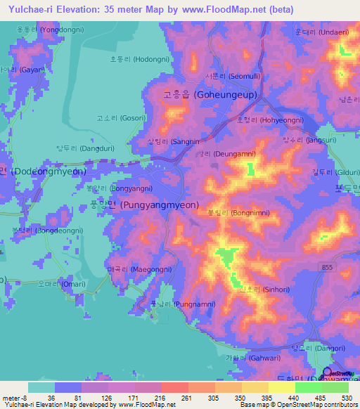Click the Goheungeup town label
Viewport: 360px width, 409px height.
(210, 94)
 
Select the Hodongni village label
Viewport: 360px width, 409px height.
(137, 60)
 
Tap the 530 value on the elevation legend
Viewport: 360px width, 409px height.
(346, 398)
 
